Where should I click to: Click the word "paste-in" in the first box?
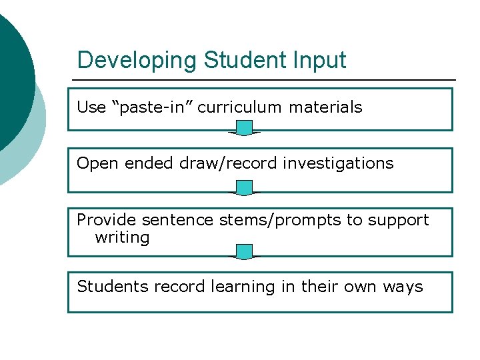(155, 107)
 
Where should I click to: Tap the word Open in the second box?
(93, 163)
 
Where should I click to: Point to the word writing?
(122, 238)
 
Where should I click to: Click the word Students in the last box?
(113, 287)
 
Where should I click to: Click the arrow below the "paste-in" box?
(245, 128)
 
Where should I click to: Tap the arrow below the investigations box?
(245, 188)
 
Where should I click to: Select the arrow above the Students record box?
(245, 252)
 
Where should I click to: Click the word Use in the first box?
(91, 107)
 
